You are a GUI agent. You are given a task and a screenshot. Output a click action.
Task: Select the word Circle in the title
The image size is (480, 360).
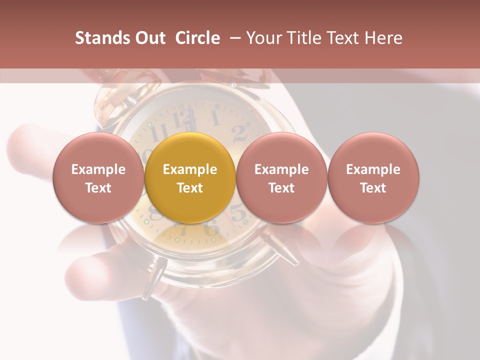[x=197, y=38]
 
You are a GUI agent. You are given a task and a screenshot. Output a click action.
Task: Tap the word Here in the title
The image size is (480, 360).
[x=384, y=38]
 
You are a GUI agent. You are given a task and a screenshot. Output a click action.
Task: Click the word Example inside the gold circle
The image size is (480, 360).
[x=190, y=169]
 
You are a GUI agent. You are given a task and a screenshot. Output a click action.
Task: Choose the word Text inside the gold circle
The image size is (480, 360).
[x=190, y=188]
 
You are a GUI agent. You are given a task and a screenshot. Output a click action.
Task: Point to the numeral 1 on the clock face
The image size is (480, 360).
[x=215, y=118]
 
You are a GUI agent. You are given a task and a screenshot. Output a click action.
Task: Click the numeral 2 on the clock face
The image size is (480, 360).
[x=239, y=132]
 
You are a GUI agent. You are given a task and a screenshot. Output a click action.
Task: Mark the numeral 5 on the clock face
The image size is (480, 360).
[x=238, y=214]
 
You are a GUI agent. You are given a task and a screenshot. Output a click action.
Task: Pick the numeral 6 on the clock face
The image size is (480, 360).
[x=212, y=229]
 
